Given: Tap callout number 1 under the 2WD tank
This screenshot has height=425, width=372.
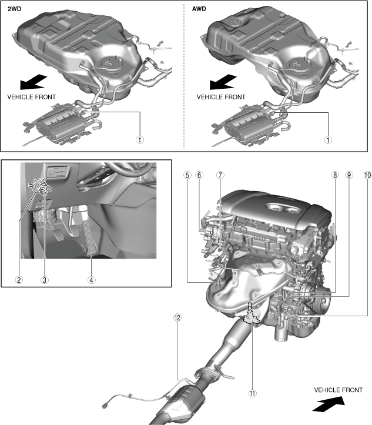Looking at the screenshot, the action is pyautogui.click(x=140, y=140).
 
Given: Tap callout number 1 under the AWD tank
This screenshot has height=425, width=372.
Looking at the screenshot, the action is pyautogui.click(x=328, y=140).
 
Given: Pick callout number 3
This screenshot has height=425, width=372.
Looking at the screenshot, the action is pyautogui.click(x=44, y=280).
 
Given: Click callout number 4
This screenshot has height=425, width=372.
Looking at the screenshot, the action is pyautogui.click(x=92, y=280).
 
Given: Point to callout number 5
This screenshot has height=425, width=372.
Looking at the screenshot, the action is pyautogui.click(x=186, y=175).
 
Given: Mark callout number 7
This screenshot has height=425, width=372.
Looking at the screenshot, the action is pyautogui.click(x=220, y=175).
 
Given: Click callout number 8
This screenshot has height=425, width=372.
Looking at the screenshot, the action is pyautogui.click(x=334, y=175).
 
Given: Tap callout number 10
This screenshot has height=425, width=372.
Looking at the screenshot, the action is pyautogui.click(x=368, y=175).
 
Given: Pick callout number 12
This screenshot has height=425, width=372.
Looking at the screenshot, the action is pyautogui.click(x=177, y=317).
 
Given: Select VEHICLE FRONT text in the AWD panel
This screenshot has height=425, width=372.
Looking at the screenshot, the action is pyautogui.click(x=221, y=96).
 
